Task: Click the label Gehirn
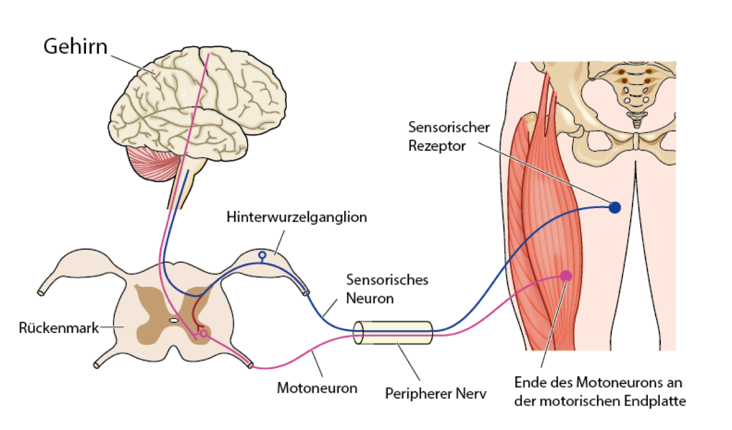pos(75,46)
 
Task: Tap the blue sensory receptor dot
pos(615,208)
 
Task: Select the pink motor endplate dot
pos(566,275)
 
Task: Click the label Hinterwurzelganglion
pos(297,218)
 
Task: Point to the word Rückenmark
pos(59,327)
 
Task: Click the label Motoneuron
pos(317,388)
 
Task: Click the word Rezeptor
pos(435,145)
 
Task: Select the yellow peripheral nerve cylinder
pos(393,332)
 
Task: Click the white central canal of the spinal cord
pos(173,319)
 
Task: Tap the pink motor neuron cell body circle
pos(204,335)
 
